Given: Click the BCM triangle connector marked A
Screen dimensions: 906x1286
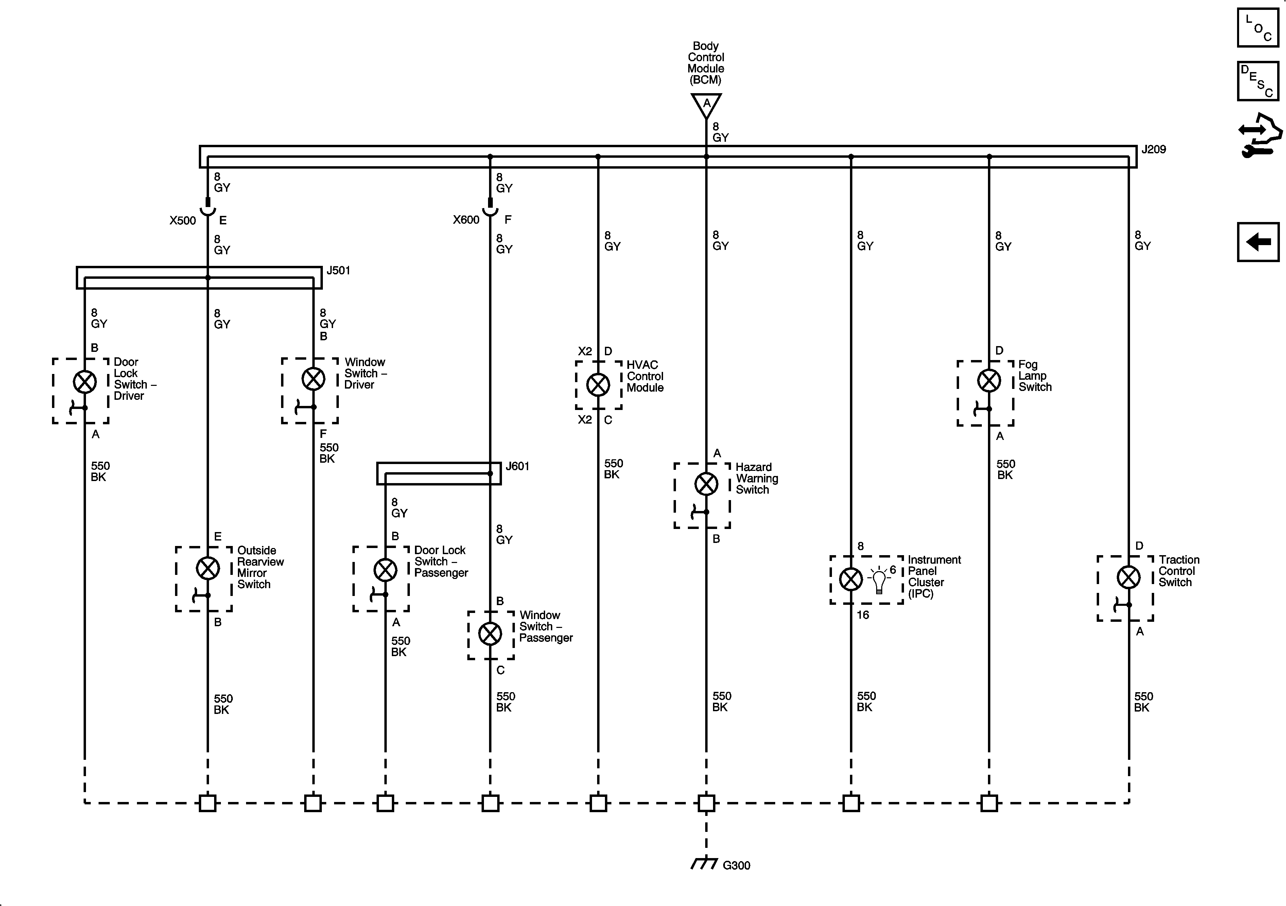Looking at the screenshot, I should click(706, 105).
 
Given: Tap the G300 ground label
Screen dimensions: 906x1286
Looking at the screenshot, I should click(736, 866).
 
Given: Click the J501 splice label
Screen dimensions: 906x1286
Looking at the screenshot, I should click(338, 271).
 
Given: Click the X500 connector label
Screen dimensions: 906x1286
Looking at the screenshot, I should click(183, 221).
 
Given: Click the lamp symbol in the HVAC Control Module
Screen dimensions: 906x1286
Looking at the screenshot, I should click(598, 385).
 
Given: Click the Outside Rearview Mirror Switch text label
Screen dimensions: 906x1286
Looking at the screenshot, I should click(260, 567).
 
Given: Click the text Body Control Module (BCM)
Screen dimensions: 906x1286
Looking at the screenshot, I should click(706, 63).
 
